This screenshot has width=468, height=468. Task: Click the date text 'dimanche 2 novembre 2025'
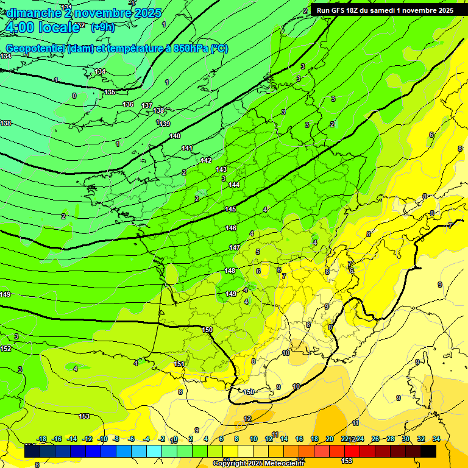point(83,13)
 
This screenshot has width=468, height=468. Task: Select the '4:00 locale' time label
point(43,28)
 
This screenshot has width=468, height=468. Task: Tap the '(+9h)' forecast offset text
point(102,27)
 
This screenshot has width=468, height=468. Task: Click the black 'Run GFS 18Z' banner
point(385,10)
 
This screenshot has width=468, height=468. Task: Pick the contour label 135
point(110,93)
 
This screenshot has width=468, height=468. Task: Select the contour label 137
point(147,106)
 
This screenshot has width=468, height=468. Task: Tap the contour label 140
point(175,136)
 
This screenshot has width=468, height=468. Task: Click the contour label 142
point(206,160)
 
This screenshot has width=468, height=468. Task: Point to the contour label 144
point(234,185)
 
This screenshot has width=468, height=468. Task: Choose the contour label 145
point(230,210)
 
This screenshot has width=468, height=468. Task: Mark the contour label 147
point(235,247)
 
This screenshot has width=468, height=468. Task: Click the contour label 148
point(230,271)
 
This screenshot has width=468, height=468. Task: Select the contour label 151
point(179,364)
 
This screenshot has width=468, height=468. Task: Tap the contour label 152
point(5,349)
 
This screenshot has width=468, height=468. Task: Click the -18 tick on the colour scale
point(42,439)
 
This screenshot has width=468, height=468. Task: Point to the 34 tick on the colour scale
point(436,439)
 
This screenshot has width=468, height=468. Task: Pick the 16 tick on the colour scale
point(299,439)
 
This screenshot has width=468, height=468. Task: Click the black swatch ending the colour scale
point(428,451)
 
